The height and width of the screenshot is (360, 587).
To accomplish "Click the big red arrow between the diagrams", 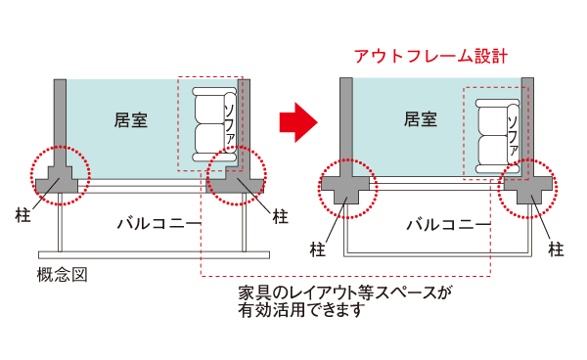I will point(297,121).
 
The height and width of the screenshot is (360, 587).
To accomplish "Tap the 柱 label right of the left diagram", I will point(281,214).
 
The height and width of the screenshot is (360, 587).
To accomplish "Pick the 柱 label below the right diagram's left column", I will point(318,248).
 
